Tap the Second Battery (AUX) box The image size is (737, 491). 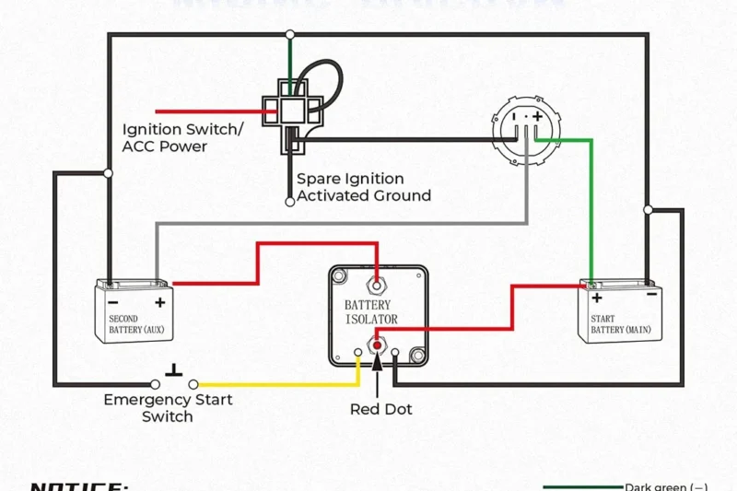135,313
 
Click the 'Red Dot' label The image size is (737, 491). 380,409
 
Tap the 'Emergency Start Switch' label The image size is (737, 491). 168,408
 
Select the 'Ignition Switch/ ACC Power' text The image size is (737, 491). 182,138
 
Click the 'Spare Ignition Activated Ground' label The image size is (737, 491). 363,187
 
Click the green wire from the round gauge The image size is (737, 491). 591,212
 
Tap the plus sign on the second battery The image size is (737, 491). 159,302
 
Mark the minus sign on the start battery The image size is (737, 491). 650,296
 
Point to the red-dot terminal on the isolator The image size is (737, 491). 376,345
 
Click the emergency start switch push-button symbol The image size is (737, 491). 173,373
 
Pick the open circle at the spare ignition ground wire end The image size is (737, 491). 290,200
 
